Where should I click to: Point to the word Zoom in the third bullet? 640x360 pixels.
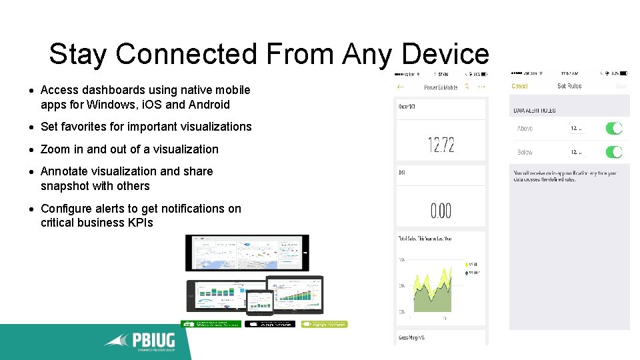coord(53,149)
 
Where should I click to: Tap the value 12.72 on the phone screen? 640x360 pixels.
coord(441,145)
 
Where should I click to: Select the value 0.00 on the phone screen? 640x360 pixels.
coord(441,211)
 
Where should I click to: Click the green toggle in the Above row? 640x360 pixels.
coord(613,128)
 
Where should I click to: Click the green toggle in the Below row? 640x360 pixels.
coord(613,151)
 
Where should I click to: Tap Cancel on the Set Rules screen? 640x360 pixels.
coord(519,86)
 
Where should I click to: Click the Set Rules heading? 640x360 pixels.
coord(569,86)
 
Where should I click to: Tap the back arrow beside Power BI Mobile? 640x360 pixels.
coord(401,87)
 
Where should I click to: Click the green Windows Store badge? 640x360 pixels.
coord(211,324)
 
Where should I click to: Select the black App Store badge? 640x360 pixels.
coord(269,324)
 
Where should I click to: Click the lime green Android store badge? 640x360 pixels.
coord(324,324)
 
